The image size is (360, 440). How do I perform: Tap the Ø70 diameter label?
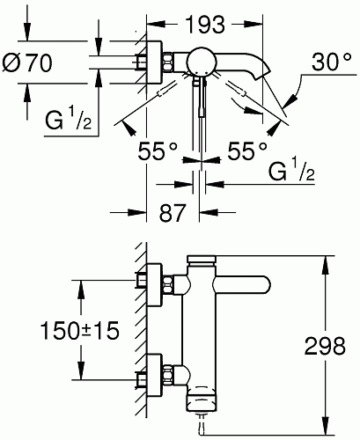click(x=27, y=62)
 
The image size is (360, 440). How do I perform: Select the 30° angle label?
click(x=332, y=62)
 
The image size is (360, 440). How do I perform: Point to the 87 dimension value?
click(x=173, y=212)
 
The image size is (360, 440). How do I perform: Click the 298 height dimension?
click(x=325, y=346)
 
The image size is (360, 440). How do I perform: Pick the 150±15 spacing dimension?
click(x=80, y=330)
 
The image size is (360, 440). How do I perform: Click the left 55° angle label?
click(x=158, y=151)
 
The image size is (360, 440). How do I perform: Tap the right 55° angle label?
click(x=248, y=151)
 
